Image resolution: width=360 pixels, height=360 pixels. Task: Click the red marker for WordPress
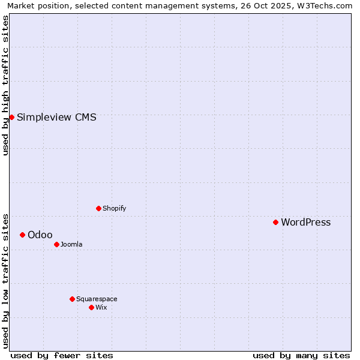pos(275,222)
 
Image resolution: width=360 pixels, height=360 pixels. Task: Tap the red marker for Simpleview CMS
pos(11,117)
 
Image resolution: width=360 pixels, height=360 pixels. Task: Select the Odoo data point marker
pos(22,235)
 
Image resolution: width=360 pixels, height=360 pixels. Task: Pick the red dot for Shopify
pos(98,208)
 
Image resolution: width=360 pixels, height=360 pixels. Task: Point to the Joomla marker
pos(56,244)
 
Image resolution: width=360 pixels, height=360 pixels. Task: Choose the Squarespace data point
pos(72,299)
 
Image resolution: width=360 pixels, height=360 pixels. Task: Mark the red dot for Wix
pos(91,307)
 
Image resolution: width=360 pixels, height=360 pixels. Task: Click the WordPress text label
pos(305,222)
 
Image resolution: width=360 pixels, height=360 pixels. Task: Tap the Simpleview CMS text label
pos(56,117)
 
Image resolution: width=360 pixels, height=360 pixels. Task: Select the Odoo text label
pos(40,235)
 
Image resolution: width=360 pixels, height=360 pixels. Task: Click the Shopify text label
pos(114,208)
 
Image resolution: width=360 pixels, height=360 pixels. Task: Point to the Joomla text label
pos(71,244)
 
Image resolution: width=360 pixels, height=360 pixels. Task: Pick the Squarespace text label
pos(97,299)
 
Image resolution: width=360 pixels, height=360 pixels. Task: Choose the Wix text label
pos(101,307)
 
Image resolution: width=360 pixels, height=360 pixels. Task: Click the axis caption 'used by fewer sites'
pos(62,355)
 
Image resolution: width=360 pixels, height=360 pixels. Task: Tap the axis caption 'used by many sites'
pos(301,355)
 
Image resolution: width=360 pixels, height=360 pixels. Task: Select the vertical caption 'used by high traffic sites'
pos(5,85)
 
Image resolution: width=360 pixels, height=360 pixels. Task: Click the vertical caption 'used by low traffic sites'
pos(5,280)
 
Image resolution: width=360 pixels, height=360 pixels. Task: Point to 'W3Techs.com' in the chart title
pos(323,5)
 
